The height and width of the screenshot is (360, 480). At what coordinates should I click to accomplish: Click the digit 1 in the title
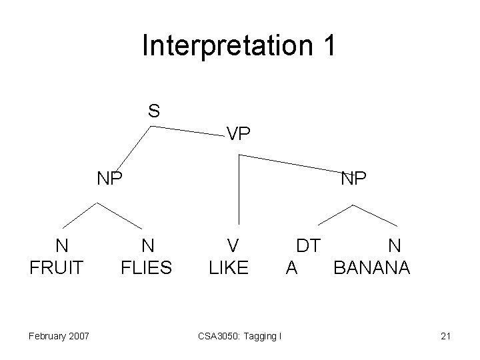329,46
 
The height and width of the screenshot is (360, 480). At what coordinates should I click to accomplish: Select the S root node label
153,111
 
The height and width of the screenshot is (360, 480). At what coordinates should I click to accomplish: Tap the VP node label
238,135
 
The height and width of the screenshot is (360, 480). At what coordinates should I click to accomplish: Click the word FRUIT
57,268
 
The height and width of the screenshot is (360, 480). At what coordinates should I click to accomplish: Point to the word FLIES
146,268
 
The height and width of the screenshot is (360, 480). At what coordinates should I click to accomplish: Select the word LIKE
229,268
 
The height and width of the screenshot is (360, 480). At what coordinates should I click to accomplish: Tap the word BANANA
372,268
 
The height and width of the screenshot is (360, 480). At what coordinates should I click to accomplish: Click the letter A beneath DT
291,268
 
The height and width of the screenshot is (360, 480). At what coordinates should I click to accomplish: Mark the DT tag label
308,246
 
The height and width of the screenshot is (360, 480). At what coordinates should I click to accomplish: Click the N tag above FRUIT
61,246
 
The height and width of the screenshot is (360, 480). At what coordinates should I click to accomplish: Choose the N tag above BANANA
395,246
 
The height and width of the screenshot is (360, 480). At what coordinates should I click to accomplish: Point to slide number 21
445,335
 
